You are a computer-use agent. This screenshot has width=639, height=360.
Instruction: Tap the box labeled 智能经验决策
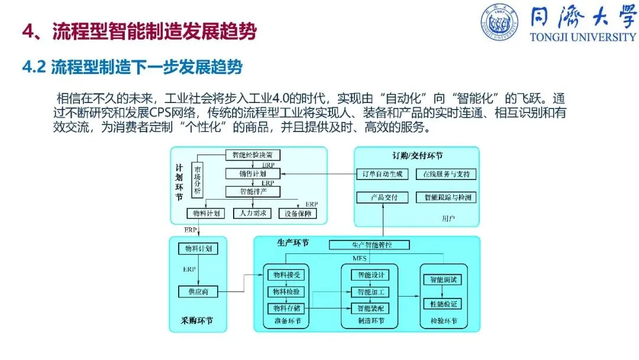click(253, 155)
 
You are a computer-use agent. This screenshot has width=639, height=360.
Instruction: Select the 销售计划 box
click(253, 174)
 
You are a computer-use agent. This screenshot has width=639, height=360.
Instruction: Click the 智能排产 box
click(253, 192)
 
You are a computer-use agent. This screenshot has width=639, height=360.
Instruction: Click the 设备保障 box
click(298, 213)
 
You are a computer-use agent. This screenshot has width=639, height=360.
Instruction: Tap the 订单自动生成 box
click(382, 174)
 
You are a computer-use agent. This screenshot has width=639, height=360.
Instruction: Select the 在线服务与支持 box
click(446, 174)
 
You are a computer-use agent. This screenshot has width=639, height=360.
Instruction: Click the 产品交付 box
click(382, 197)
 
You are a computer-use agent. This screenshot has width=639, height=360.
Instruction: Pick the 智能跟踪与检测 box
click(446, 197)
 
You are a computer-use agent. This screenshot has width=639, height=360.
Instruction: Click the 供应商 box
click(198, 291)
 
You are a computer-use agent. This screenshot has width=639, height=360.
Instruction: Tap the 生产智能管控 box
click(369, 245)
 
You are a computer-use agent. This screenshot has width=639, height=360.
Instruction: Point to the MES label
click(360, 259)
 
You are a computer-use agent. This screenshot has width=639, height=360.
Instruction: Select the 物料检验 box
click(286, 291)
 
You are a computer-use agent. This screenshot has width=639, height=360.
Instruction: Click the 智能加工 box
click(370, 291)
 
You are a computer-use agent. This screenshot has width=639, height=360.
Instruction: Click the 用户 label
click(448, 218)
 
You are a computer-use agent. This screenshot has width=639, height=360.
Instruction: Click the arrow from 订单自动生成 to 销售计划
click(319, 174)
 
